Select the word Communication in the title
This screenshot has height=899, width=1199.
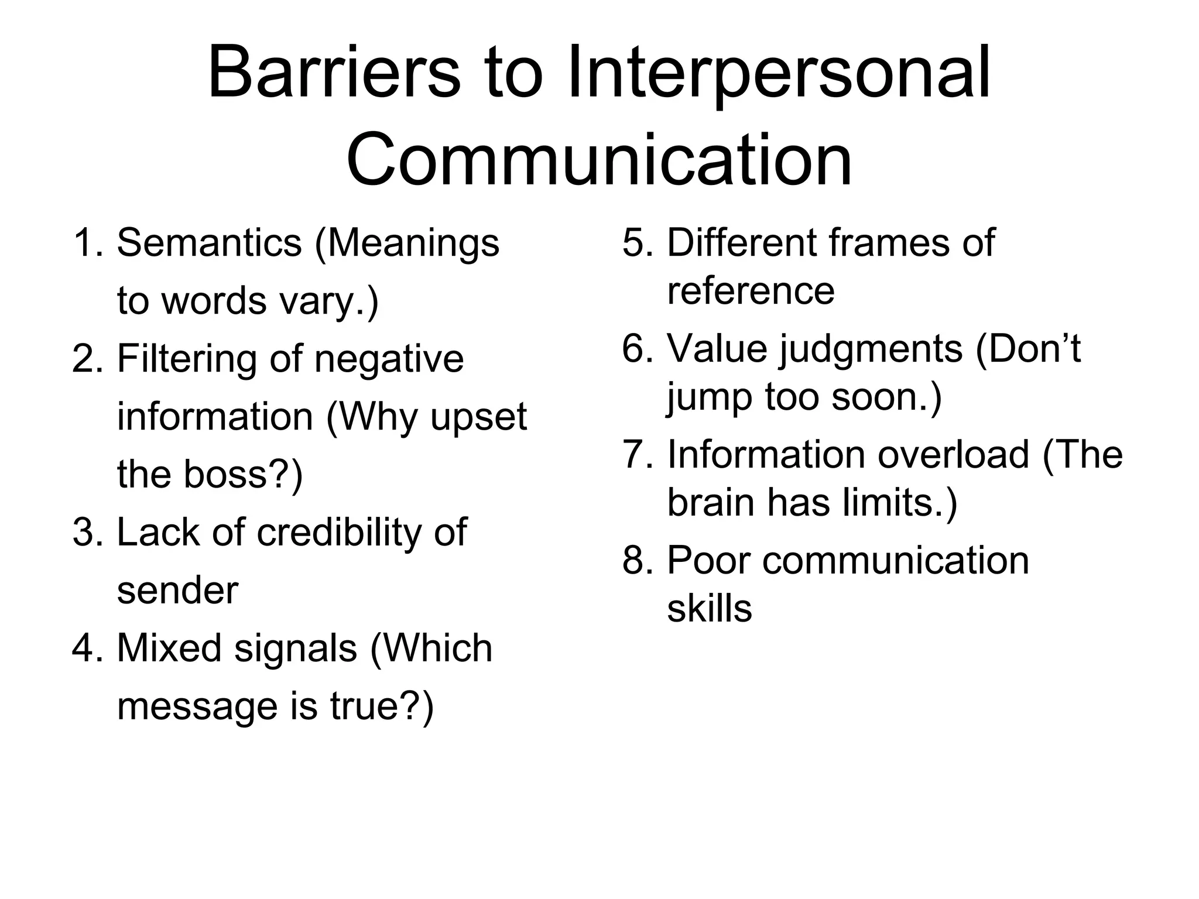(x=599, y=160)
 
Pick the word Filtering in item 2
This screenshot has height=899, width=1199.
(x=186, y=358)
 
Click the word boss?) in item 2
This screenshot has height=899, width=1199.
(x=243, y=473)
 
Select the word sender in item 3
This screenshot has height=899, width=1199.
(x=177, y=590)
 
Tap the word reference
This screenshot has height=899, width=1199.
(x=751, y=291)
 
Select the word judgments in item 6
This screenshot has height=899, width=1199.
(x=871, y=350)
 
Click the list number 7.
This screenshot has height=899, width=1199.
(x=636, y=455)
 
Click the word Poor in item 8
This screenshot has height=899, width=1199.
(x=708, y=561)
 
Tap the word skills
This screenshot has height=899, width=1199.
(x=709, y=609)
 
